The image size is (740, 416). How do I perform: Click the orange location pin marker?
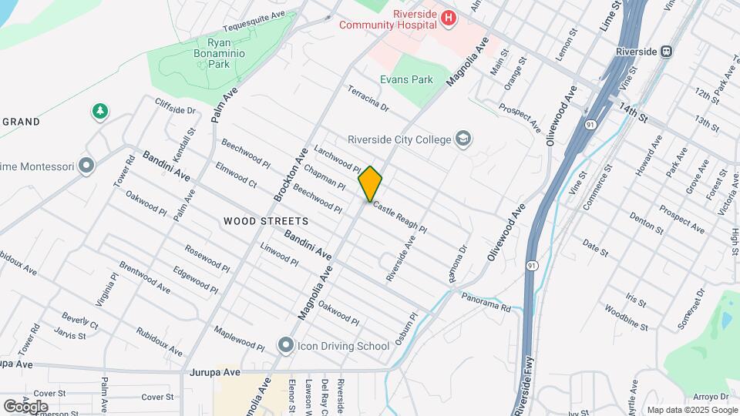pos(370,183)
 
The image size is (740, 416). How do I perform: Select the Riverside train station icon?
pos(667,52)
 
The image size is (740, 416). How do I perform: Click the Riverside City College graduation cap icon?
pos(463,139)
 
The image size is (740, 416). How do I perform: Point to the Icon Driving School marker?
pos(286,345)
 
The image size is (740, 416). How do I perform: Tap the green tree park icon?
pos(99,112)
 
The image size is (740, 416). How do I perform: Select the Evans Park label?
pos(406,79)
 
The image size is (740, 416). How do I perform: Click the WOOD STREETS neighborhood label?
pos(266,221)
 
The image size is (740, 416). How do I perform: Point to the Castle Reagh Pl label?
pos(400,219)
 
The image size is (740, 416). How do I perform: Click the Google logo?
pos(25,406)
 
